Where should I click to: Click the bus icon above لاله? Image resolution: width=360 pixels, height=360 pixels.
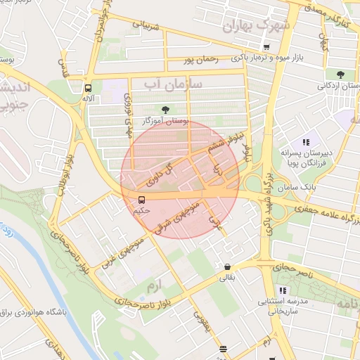pos(88,89)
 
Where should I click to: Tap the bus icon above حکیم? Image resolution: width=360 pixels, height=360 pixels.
pos(141,199)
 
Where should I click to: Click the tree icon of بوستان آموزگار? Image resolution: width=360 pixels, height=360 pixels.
pos(166,109)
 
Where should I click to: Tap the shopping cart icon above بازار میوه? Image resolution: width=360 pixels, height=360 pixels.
pos(285,47)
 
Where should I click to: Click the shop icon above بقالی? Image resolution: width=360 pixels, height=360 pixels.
pos(227,267)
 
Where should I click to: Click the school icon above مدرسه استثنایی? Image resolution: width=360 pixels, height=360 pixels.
pos(281,290)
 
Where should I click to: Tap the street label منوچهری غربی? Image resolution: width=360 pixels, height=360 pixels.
pos(117,243)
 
